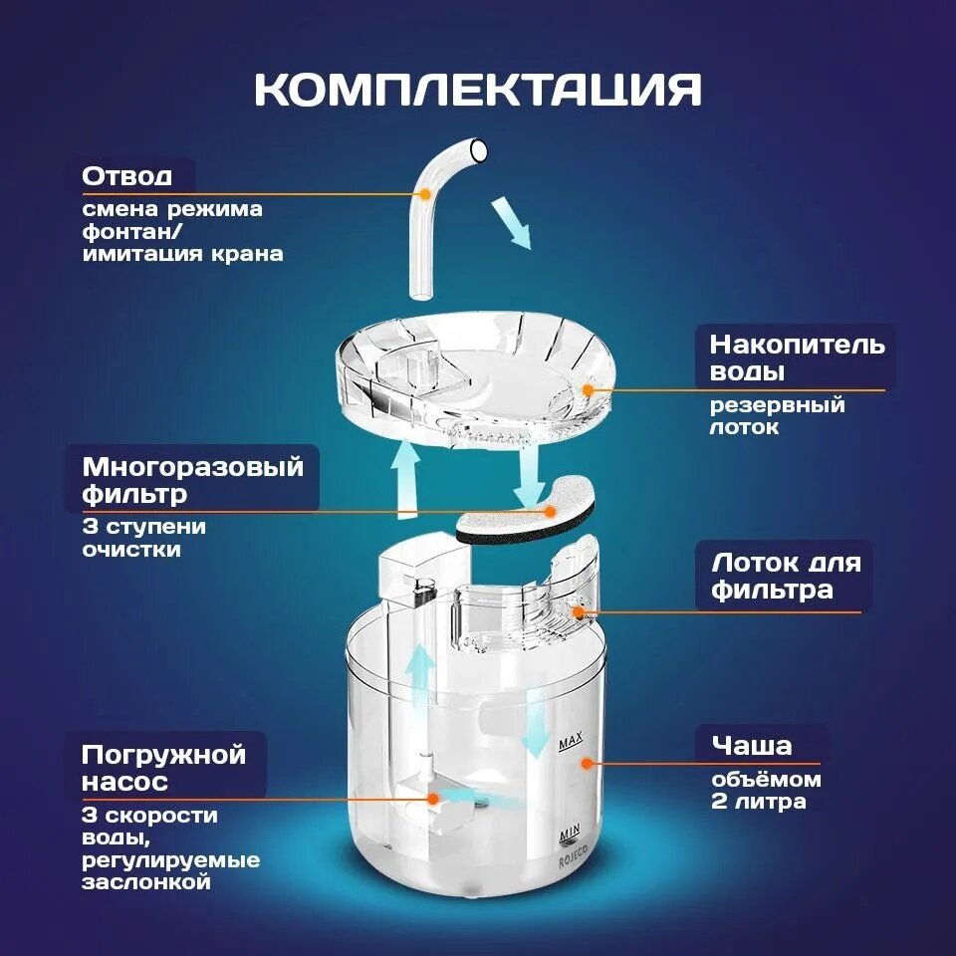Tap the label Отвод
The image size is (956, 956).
pos(126,176)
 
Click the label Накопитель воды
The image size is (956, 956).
pos(797,358)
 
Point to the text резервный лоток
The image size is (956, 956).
pos(777,416)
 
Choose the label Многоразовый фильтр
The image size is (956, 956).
pos(193,479)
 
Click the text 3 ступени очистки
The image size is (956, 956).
pos(143,537)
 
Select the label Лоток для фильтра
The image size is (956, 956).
pos(786,576)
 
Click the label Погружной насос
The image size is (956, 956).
pos(163,767)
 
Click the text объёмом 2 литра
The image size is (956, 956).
pos(765,791)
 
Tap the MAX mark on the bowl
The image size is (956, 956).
pos(570,743)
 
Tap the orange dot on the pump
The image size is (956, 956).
pos(432,797)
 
